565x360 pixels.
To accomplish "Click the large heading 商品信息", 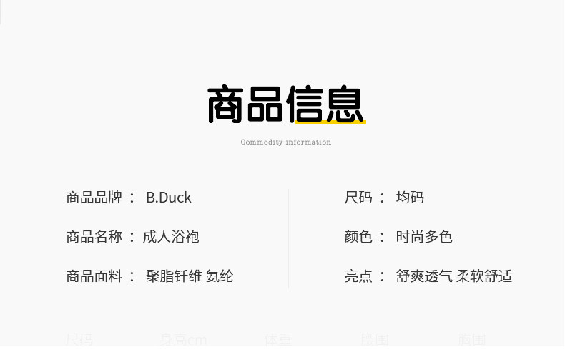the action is tap(286, 104).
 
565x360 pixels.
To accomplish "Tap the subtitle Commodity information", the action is tap(285, 142).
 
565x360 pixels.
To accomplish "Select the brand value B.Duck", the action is tap(169, 198).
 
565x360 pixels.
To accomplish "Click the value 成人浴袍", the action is tap(171, 237).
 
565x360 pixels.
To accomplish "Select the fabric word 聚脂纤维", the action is tap(174, 276).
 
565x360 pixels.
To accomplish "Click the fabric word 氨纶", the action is tap(220, 276).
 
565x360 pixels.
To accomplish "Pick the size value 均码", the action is tap(410, 198).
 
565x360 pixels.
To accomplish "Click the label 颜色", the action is tap(358, 237).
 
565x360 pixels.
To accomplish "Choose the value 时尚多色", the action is tap(424, 237).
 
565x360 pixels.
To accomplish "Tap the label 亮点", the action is tap(358, 276).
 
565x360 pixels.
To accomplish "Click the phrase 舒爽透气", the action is tap(424, 276).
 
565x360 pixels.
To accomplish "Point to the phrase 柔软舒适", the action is tap(484, 276).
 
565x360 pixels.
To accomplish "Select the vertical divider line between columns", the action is tap(288, 237).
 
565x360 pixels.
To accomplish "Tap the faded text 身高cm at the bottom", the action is tap(183, 339).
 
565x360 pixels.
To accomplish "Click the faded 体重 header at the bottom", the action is tap(277, 339).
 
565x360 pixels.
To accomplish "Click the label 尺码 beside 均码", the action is tap(358, 198).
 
